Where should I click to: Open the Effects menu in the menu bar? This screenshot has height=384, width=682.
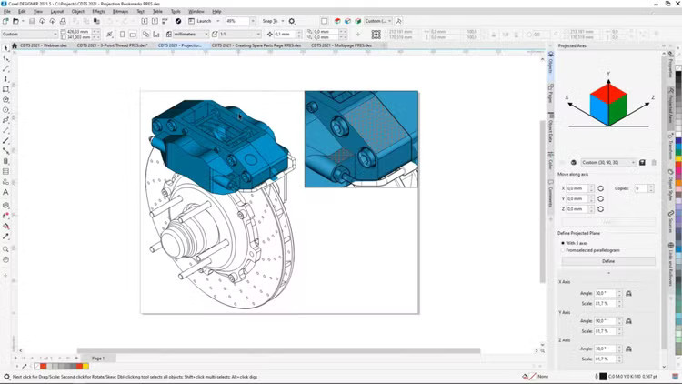coord(98,11)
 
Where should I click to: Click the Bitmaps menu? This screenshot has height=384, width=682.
coord(120,11)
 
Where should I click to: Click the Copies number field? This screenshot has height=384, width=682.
coord(640,188)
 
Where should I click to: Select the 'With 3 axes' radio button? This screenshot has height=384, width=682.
coord(561,243)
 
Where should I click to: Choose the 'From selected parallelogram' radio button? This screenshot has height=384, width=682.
coord(561,250)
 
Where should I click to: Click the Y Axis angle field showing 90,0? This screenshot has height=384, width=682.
coord(605,321)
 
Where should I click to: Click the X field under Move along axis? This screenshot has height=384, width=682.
coord(577,188)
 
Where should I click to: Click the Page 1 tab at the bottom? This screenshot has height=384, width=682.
coord(97,359)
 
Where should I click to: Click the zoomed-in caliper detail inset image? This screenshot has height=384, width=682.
coord(361,138)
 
